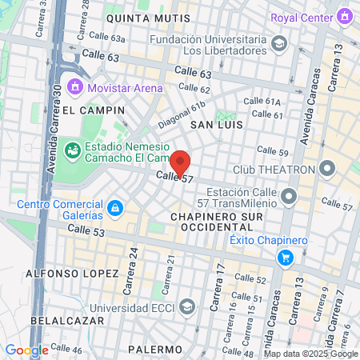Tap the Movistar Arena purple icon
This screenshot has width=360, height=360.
coord(76,86)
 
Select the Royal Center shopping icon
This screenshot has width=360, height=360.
coord(345,15)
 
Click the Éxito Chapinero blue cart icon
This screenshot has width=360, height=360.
coord(285,257)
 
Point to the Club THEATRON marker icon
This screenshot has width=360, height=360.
coord(326,169)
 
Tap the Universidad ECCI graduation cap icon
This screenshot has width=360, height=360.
coord(186,306)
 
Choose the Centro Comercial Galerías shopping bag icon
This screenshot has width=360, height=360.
coord(116,208)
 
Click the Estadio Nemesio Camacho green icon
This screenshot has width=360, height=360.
coord(71,149)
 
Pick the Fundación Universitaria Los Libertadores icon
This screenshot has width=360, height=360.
coord(279,43)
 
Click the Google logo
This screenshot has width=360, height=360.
coord(26,350)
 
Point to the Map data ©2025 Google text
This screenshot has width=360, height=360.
coord(310,354)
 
